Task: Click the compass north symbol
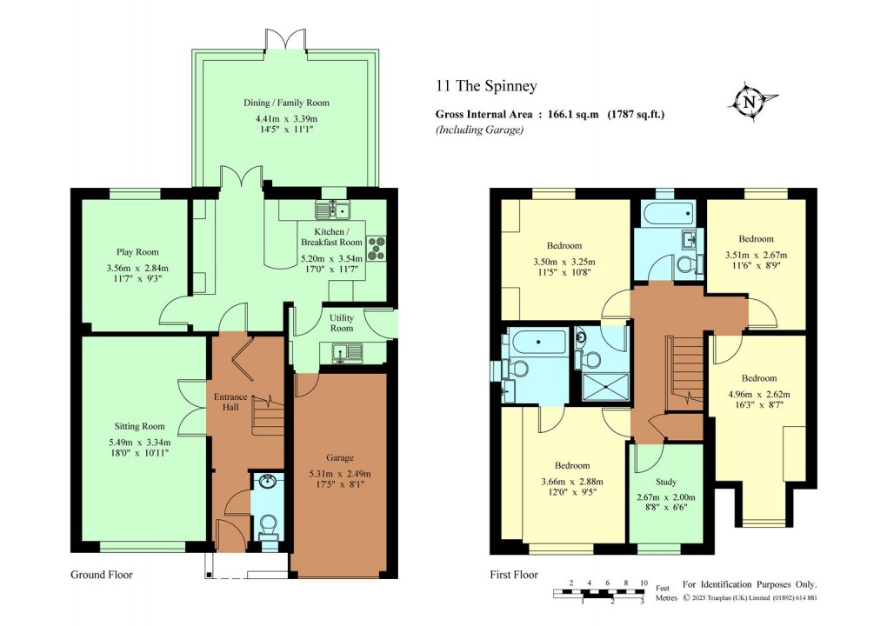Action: point(750,102)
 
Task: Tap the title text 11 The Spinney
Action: point(486,86)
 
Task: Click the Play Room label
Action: point(137,252)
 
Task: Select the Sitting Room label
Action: point(140,426)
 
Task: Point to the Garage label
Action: point(339,457)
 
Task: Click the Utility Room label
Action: point(342,323)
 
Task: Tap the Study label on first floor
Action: point(666,482)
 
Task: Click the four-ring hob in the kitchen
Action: point(377,249)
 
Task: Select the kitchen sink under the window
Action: point(333,210)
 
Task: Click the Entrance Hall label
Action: point(230,402)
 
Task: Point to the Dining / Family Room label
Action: point(286,103)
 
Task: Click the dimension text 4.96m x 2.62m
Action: point(759,394)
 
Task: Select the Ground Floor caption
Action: point(102,575)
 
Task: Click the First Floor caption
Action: point(514,575)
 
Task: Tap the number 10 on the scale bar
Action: point(644,583)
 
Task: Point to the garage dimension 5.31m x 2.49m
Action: point(339,474)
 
